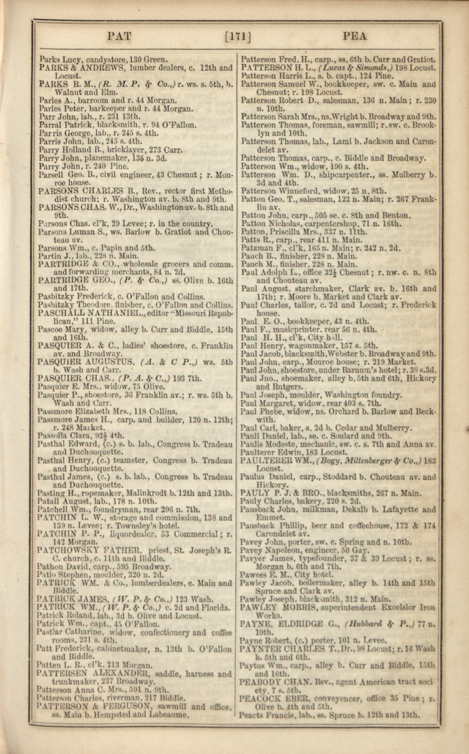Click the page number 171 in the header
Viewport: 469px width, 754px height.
pyautogui.click(x=235, y=36)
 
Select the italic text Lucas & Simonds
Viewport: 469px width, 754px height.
pyautogui.click(x=352, y=67)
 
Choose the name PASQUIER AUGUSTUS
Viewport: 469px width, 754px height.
pyautogui.click(x=81, y=362)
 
